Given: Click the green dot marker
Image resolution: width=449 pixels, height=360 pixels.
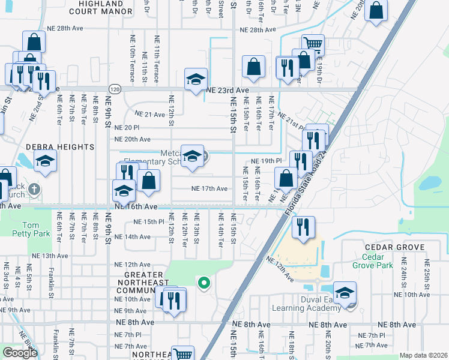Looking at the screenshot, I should point(203,282).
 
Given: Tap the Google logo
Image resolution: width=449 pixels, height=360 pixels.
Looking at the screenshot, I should point(20,353).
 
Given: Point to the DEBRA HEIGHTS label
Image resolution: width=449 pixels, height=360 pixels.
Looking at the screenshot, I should point(60,147).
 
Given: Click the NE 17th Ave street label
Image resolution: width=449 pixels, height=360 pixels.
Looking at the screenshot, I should point(209,188).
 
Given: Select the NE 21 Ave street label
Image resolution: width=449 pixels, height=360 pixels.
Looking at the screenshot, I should point(149,114).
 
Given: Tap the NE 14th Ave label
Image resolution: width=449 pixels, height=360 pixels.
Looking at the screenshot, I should point(133,237).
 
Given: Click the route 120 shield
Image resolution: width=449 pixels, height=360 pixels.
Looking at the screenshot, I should point(115,89).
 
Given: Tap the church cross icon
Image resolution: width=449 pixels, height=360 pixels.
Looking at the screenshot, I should point(35,190).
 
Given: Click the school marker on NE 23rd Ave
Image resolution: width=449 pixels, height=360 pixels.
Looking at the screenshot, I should point(196,79).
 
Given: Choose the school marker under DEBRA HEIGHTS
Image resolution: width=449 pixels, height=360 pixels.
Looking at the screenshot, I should point(45,160).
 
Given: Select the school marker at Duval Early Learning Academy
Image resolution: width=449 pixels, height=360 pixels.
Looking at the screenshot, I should point(345,292).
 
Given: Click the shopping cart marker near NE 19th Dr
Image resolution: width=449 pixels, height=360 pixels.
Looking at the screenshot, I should point(313,44).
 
